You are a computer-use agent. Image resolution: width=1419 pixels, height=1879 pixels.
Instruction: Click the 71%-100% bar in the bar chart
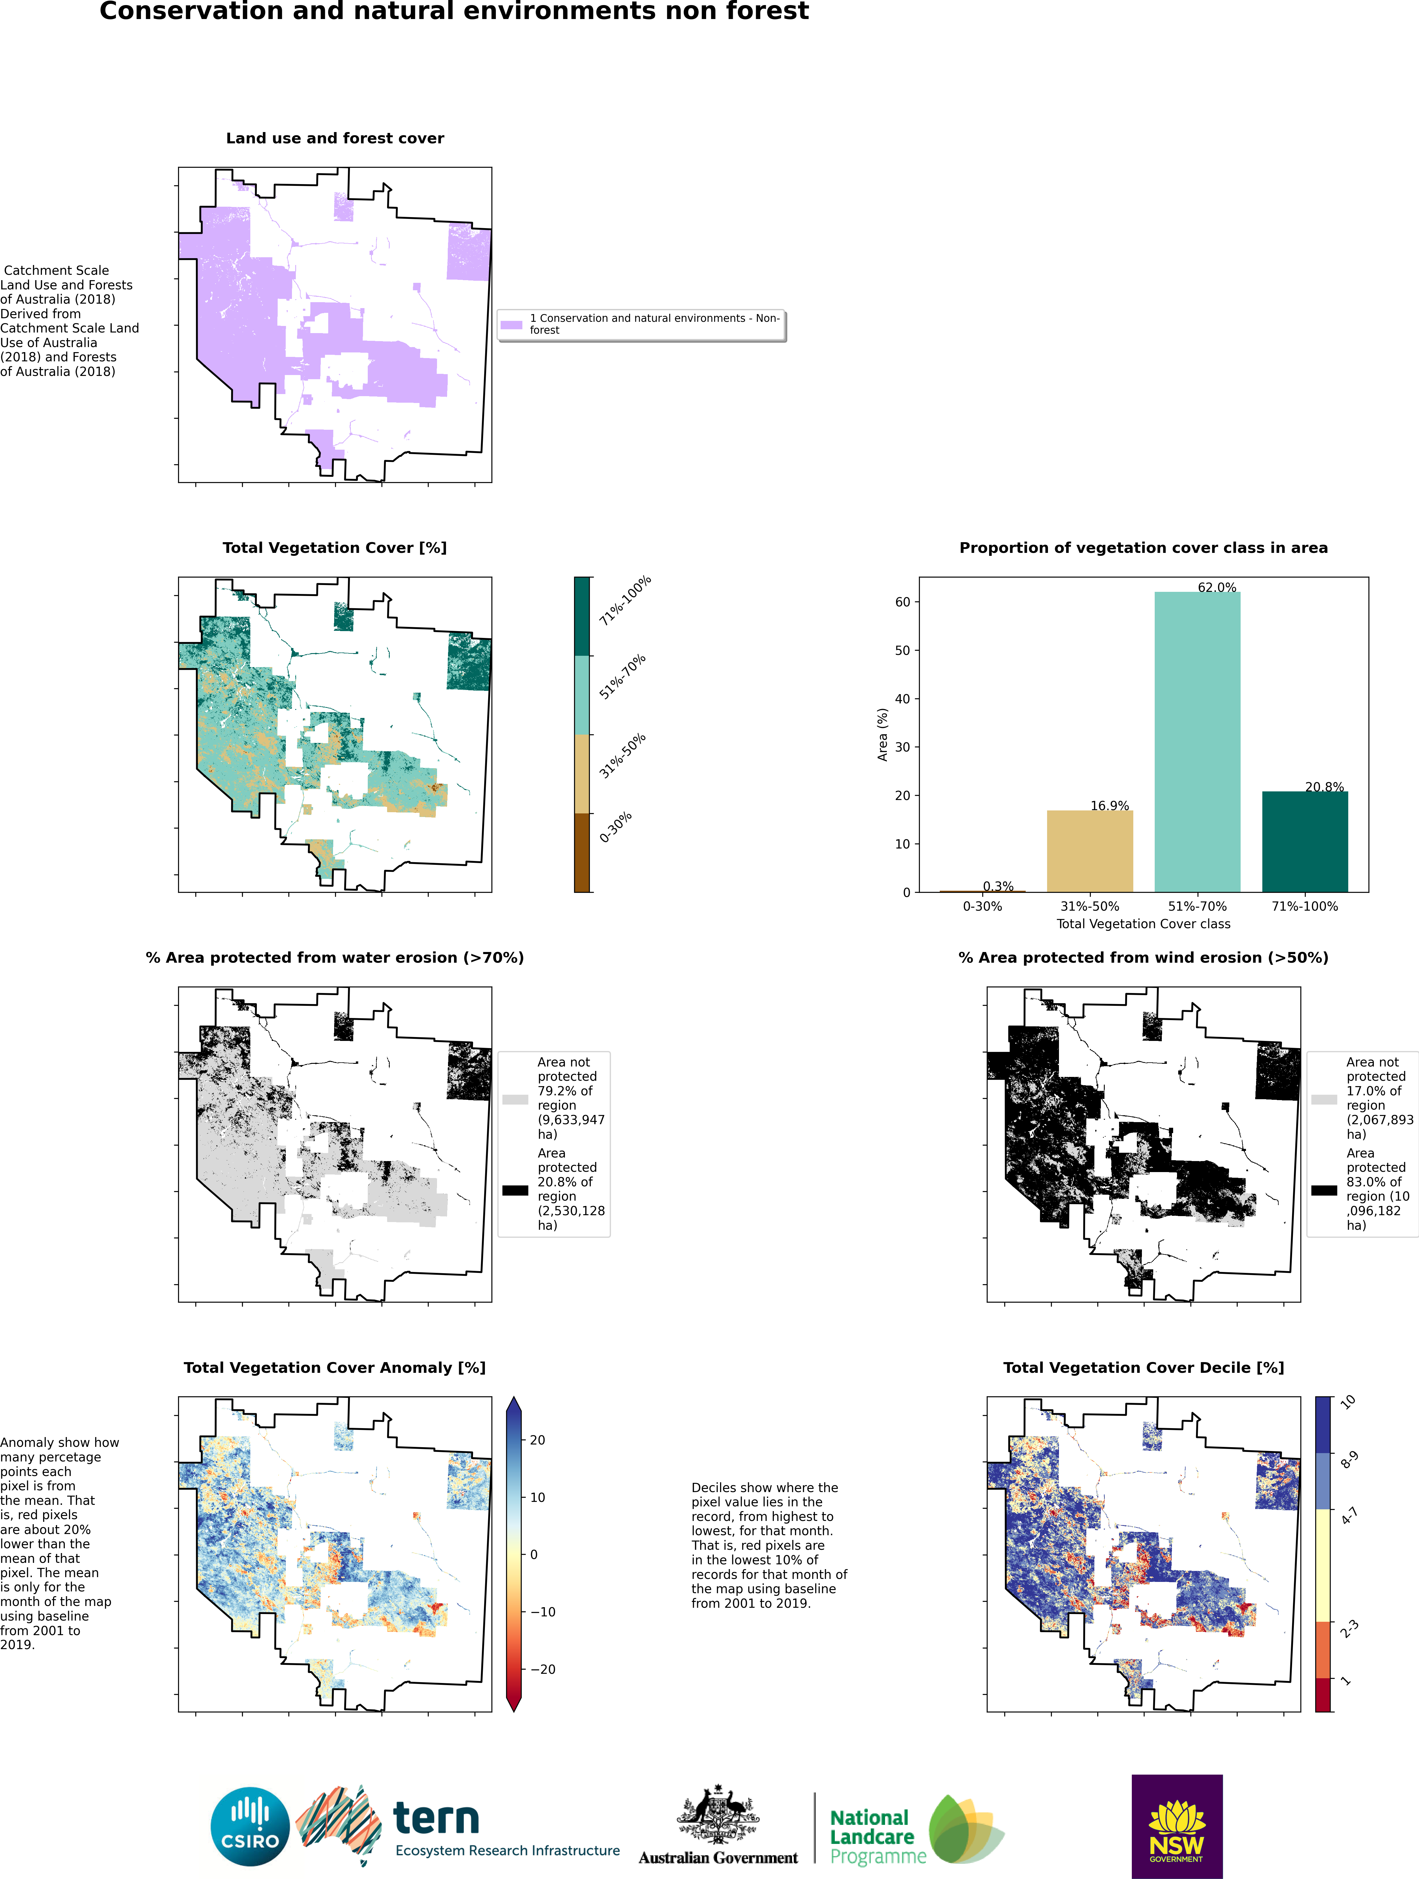point(1304,841)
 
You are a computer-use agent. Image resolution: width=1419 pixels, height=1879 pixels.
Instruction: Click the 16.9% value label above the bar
point(1109,805)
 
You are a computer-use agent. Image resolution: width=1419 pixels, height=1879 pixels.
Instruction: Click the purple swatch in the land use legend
point(511,324)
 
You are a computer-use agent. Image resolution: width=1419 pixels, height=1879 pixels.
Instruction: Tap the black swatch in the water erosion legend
point(515,1190)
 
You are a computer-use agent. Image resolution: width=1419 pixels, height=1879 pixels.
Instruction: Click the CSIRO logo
point(251,1826)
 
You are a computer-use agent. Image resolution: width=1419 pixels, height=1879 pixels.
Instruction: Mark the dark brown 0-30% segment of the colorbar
point(582,852)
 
